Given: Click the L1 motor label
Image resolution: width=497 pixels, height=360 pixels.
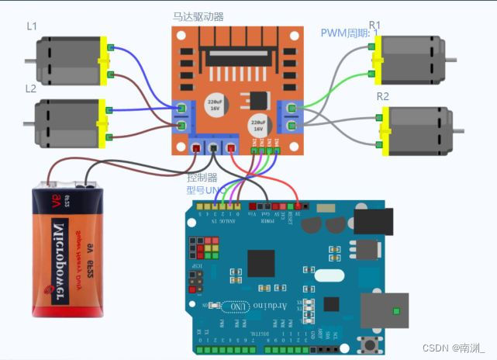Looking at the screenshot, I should coord(32,26).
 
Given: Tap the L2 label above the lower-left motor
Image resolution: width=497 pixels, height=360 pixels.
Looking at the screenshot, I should coord(31,88).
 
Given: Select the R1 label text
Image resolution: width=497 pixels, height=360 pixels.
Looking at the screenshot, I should coord(374,26).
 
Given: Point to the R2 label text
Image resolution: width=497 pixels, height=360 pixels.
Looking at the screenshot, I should coord(382,96).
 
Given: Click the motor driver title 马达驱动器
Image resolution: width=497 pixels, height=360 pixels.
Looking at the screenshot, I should coord(198,16).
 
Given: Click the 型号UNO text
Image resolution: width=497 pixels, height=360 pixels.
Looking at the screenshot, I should coord(206,189).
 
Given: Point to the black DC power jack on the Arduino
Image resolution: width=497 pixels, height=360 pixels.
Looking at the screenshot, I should coord(372,220).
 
